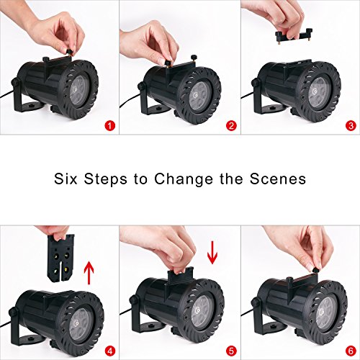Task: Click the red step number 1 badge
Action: tap(110, 126)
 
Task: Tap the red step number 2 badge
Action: tap(231, 126)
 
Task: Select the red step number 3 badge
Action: tap(351, 126)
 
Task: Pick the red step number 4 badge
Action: tap(110, 351)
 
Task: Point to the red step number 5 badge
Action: tap(231, 351)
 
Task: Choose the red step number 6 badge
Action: tap(351, 351)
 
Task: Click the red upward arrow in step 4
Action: tap(89, 273)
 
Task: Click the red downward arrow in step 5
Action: tap(212, 253)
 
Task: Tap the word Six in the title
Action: tap(66, 179)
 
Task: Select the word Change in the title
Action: tap(184, 179)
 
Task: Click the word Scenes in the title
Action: tap(278, 179)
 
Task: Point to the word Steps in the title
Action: tap(105, 179)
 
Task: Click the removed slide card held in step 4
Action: tap(60, 258)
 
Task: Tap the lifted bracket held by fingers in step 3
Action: tap(294, 36)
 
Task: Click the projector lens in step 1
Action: tap(79, 91)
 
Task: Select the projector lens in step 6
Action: tap(325, 313)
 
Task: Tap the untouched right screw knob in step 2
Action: tap(193, 58)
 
